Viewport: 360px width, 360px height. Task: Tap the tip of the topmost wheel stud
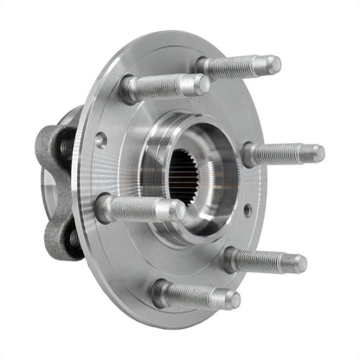[x=273, y=65]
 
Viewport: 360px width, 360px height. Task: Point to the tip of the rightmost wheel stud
[x=318, y=153]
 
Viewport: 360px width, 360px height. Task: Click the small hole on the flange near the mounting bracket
[x=102, y=138]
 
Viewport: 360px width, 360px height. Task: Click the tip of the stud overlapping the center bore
[x=177, y=209]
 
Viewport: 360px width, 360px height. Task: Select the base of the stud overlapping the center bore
[x=105, y=208]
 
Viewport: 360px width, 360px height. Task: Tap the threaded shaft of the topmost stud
[x=238, y=65]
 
